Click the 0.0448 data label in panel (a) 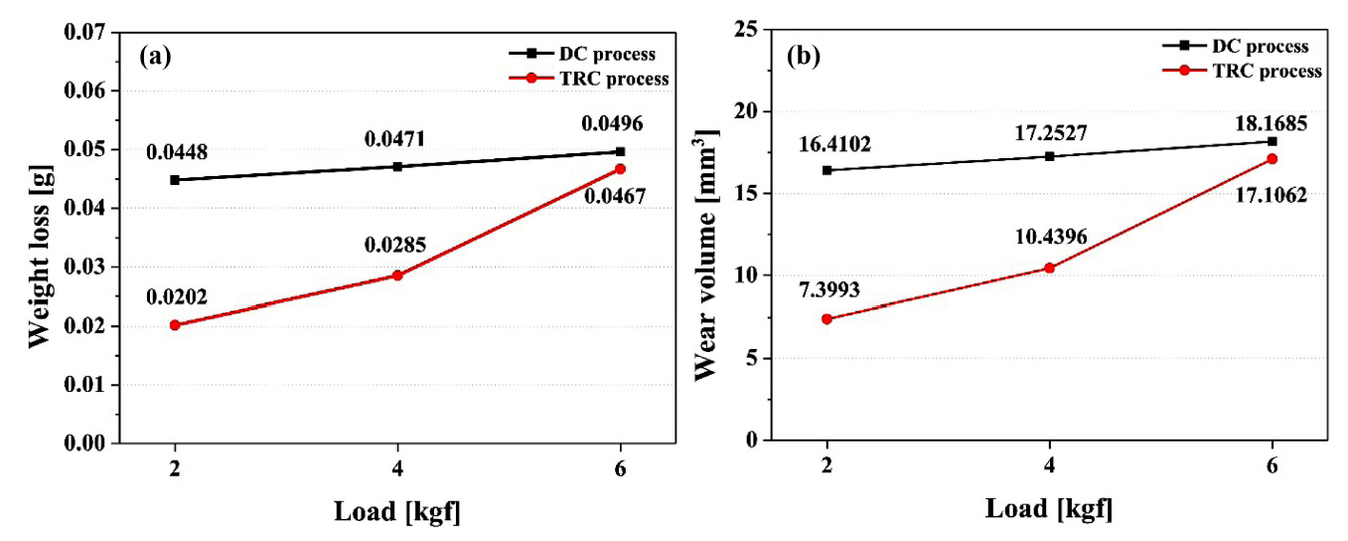(x=178, y=153)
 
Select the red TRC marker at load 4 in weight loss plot (x=397, y=274)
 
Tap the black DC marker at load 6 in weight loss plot (x=621, y=151)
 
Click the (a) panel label (x=156, y=57)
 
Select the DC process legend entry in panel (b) (x=1263, y=46)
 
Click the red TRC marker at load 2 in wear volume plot (x=826, y=318)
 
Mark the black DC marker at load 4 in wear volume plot (x=1049, y=156)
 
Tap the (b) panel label (x=804, y=57)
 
